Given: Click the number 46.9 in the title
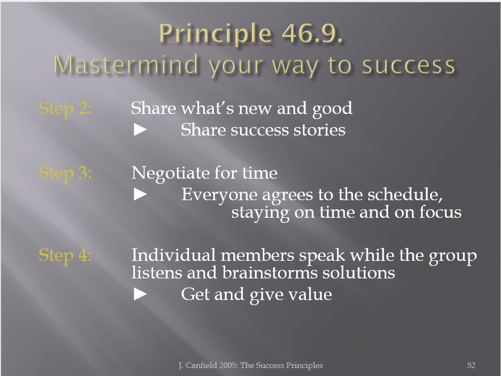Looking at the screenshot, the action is click(x=312, y=33).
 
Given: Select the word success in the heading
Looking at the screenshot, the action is click(x=409, y=65).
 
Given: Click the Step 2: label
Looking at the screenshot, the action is click(x=65, y=109).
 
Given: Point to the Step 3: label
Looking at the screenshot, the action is click(x=65, y=174).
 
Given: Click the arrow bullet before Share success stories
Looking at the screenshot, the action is click(x=140, y=130).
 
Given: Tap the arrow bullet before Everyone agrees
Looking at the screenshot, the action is click(x=140, y=194).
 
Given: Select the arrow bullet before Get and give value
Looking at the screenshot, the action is click(x=140, y=294).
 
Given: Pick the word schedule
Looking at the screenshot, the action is click(x=405, y=194).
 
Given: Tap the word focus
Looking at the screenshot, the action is click(x=441, y=212).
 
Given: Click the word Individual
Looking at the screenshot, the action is click(x=174, y=255).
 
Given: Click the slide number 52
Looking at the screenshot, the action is click(x=471, y=365).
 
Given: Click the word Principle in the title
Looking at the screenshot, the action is click(x=216, y=34).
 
